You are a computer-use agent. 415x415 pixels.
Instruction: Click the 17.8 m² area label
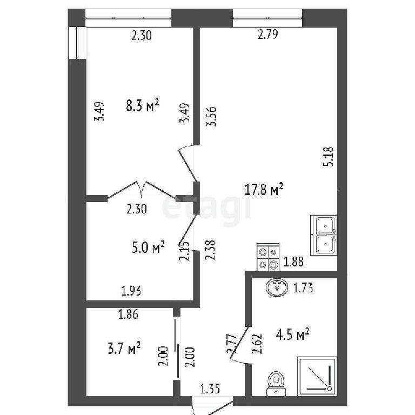pyautogui.click(x=264, y=189)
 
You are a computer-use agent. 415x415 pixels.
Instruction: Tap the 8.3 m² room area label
pyautogui.click(x=143, y=105)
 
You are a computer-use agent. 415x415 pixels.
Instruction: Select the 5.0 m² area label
pyautogui.click(x=148, y=247)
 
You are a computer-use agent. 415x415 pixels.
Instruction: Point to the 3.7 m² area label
pyautogui.click(x=124, y=348)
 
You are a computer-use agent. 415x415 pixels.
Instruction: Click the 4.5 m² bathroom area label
pyautogui.click(x=292, y=334)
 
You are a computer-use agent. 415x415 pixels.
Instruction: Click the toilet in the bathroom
pyautogui.click(x=276, y=383)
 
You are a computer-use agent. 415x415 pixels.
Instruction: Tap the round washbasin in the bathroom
pyautogui.click(x=277, y=287)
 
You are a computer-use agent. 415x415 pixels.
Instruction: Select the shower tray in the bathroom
pyautogui.click(x=317, y=376)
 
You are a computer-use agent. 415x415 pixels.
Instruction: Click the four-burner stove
pyautogui.click(x=268, y=257)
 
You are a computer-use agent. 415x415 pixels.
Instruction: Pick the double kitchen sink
pyautogui.click(x=324, y=235)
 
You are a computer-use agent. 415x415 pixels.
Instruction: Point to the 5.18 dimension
pyautogui.click(x=328, y=157)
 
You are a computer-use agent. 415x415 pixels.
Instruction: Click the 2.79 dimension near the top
pyautogui.click(x=268, y=35)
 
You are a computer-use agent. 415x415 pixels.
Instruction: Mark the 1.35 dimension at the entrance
pyautogui.click(x=210, y=389)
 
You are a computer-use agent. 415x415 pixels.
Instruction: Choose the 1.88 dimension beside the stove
pyautogui.click(x=293, y=262)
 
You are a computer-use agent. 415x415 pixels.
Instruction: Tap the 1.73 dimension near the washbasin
pyautogui.click(x=303, y=288)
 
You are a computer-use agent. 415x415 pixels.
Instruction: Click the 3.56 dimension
pyautogui.click(x=212, y=117)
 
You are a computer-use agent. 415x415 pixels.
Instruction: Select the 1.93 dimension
pyautogui.click(x=131, y=291)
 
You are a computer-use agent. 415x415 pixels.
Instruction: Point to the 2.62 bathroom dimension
pyautogui.click(x=257, y=344)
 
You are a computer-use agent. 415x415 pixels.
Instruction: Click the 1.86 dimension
pyautogui.click(x=128, y=314)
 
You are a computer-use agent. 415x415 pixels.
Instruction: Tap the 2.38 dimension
pyautogui.click(x=210, y=250)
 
